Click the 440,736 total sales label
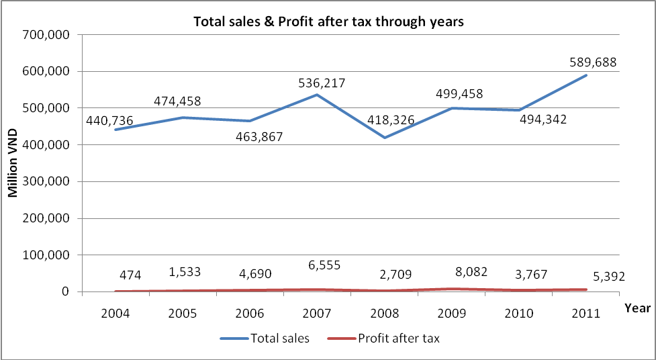pos(109,120)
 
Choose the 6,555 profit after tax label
pos(317,265)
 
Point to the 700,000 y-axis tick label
pos(50,34)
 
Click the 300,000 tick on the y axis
pos(50,181)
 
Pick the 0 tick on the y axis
pos(65,291)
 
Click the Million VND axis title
pos(13,163)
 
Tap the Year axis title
pos(637,308)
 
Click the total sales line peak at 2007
pos(317,95)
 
